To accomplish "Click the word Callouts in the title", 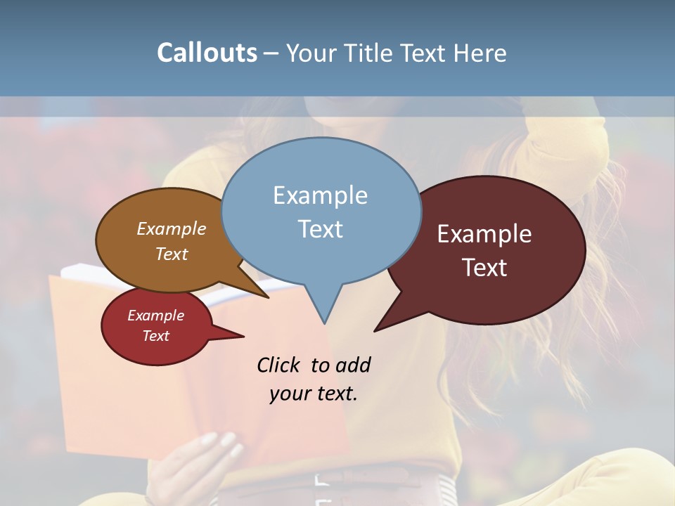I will tap(207, 53).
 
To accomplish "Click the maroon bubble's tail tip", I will tap(376, 330).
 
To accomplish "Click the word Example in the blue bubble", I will tap(320, 195).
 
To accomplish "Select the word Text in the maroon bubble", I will tap(484, 267).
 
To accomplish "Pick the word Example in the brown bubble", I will tap(171, 228).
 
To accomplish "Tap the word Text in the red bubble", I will tap(155, 336).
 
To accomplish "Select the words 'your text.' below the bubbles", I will tap(314, 394).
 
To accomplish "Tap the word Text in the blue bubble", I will tap(320, 229).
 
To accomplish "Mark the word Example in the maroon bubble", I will tap(484, 233).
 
